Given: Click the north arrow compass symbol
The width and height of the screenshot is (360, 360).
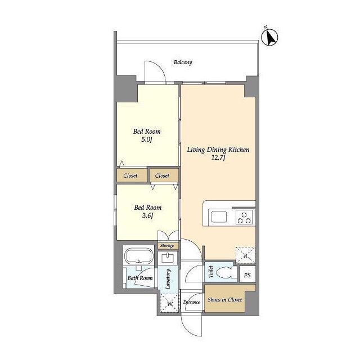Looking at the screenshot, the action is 269,37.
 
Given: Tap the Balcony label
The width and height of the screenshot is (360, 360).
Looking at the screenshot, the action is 183,62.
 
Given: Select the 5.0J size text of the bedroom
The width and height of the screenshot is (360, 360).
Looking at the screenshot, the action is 147,139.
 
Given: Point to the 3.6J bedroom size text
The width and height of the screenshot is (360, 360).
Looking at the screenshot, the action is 147,215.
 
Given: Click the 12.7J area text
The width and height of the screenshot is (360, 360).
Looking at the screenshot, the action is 218,157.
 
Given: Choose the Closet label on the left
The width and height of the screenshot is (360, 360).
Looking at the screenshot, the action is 130,175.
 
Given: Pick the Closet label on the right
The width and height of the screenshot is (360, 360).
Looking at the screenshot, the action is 162,175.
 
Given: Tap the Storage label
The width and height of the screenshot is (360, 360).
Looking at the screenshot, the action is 167,246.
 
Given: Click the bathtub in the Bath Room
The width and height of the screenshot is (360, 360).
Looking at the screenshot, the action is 139,255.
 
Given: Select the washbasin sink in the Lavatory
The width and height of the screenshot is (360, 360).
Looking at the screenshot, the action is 169,258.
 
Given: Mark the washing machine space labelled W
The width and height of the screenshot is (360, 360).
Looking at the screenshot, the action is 169,303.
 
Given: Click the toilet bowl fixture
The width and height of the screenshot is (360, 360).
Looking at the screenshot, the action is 224,272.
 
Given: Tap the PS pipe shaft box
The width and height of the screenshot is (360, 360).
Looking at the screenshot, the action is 247,274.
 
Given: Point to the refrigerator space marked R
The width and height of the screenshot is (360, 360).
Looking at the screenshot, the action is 245,255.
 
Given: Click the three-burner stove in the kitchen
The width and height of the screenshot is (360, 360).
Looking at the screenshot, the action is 244,217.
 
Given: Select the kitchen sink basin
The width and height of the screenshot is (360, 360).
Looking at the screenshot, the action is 219,217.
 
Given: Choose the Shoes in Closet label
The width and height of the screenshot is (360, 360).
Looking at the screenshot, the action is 224,300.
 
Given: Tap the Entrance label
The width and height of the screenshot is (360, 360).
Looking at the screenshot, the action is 191,302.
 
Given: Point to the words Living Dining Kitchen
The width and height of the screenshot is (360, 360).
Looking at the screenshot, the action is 218,150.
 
